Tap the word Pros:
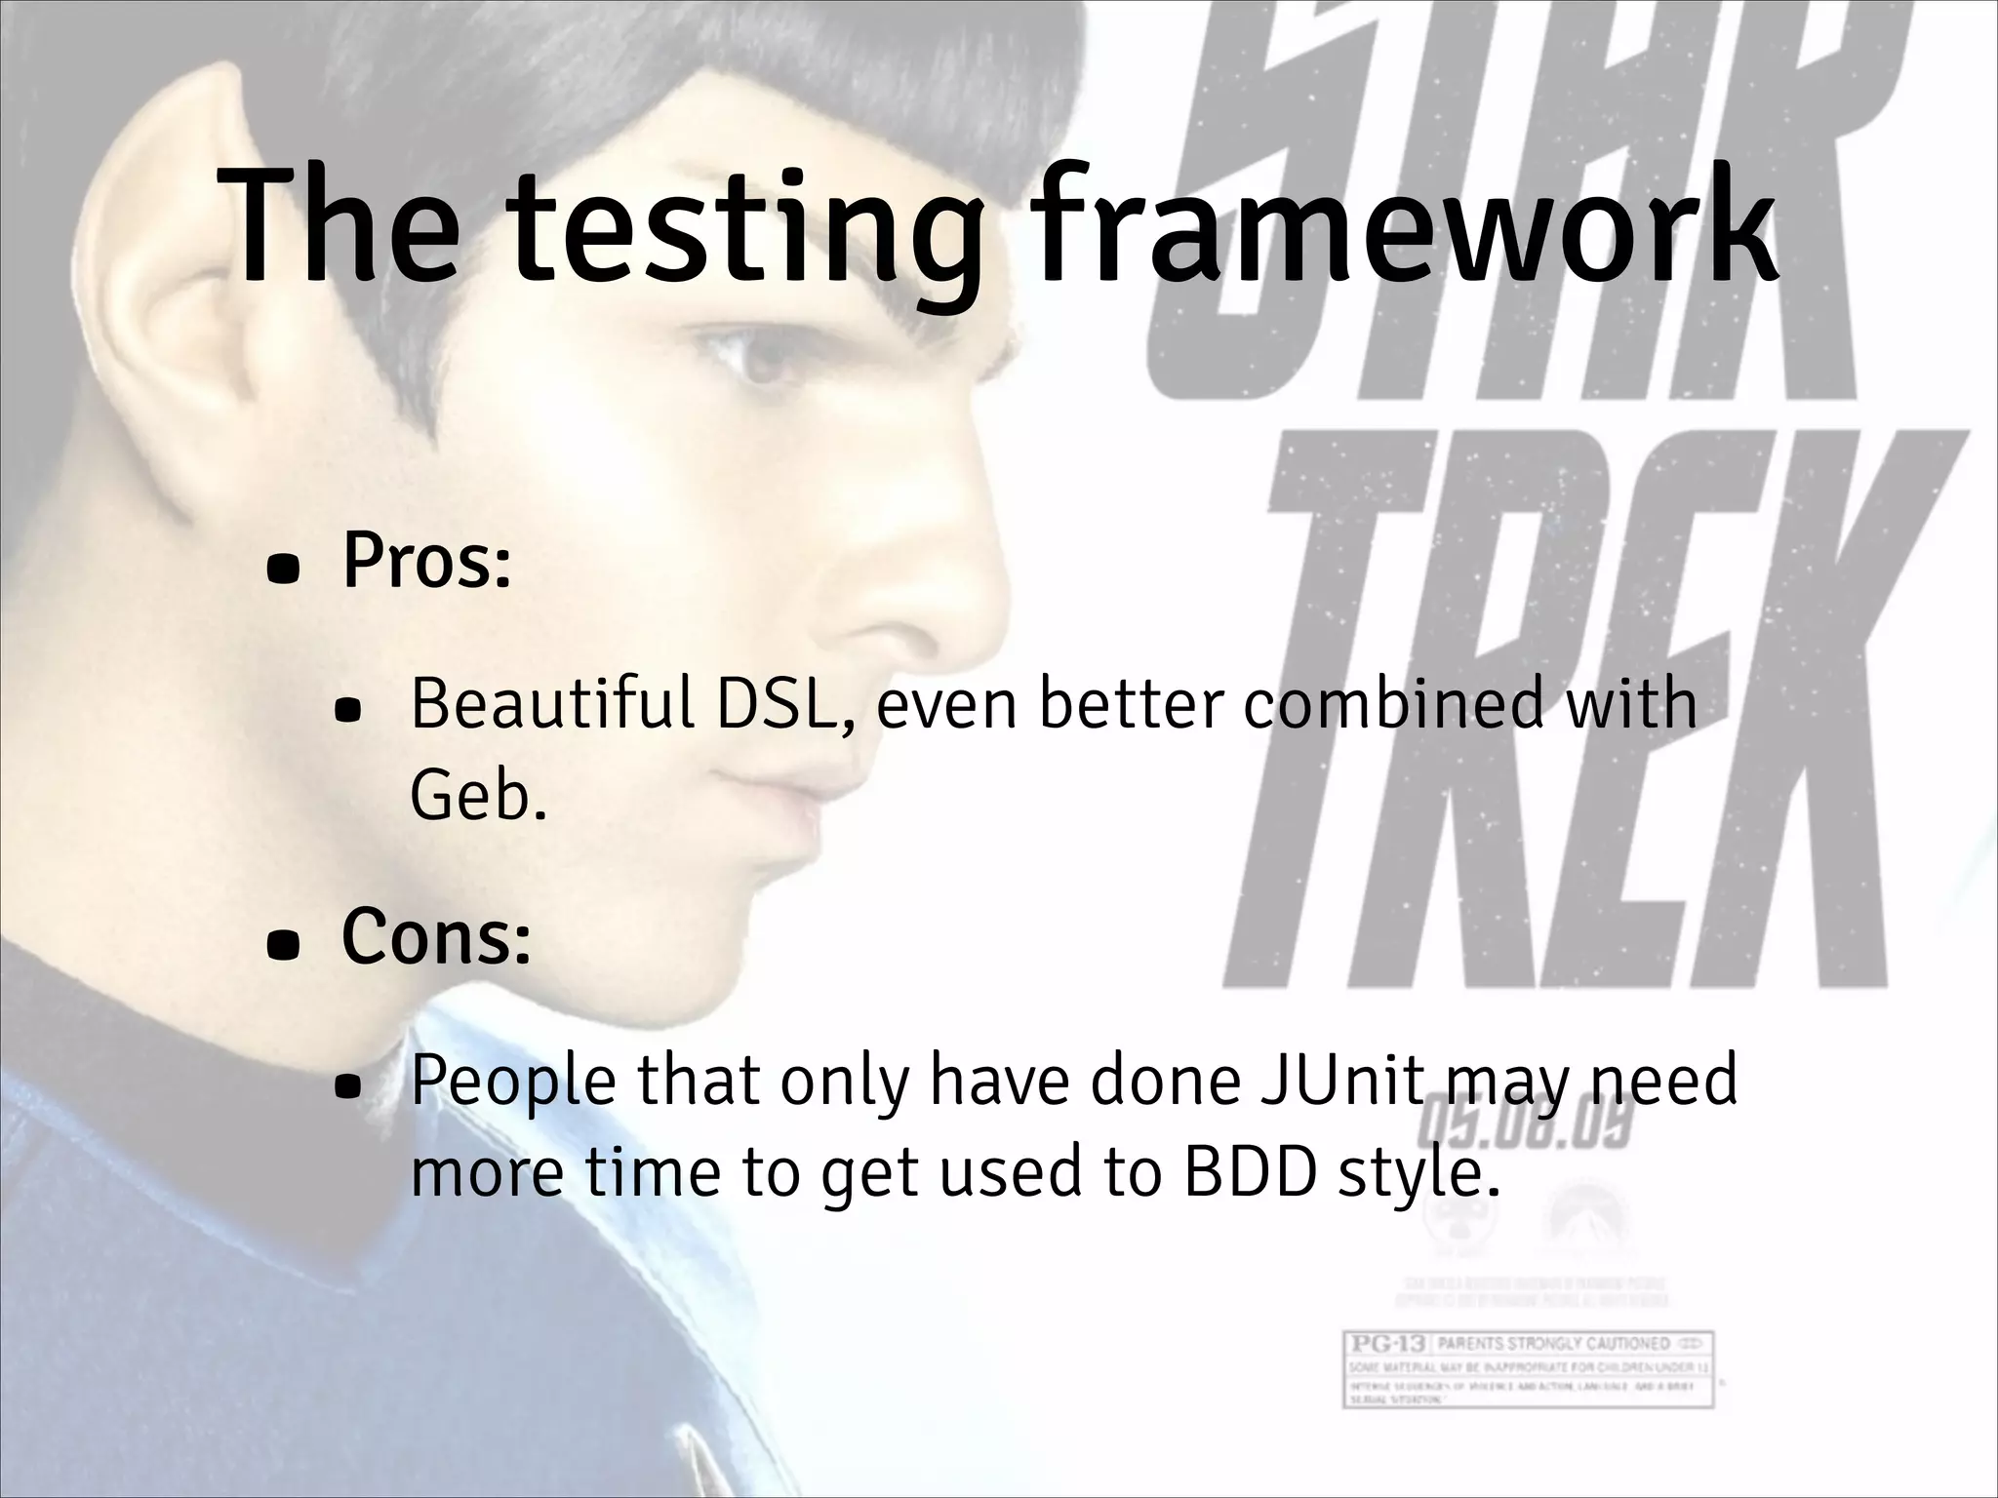click(426, 563)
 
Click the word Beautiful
click(551, 703)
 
